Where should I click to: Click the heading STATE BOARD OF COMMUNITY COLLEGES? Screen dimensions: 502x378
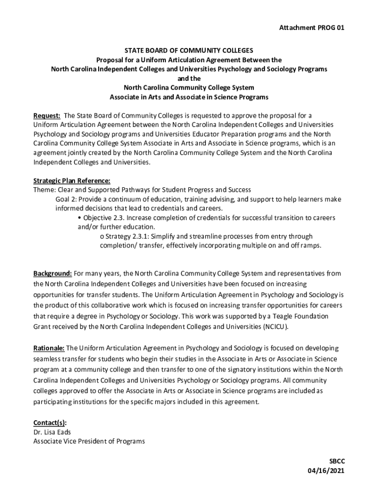189,50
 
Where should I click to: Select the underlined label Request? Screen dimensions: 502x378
47,116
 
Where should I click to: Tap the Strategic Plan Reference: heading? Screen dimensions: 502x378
72,180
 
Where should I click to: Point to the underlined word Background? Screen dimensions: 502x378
53,274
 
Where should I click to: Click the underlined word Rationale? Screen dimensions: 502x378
49,348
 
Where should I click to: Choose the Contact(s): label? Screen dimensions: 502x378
50,423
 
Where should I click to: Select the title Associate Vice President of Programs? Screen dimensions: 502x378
89,441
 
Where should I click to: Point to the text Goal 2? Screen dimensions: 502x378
66,200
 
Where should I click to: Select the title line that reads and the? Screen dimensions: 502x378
189,78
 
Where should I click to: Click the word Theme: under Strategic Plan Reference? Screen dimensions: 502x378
44,190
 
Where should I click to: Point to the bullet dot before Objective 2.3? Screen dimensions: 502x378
80,218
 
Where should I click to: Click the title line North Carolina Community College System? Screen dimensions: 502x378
189,88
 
